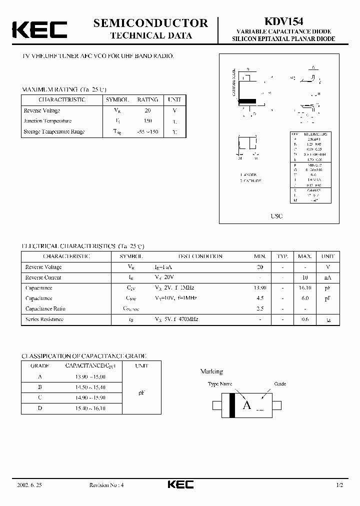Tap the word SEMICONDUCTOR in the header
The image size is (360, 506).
pyautogui.click(x=150, y=22)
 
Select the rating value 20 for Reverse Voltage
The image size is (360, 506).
pyautogui.click(x=147, y=110)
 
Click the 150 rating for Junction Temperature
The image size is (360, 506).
pyautogui.click(x=147, y=121)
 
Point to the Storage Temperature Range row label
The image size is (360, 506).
pyautogui.click(x=54, y=131)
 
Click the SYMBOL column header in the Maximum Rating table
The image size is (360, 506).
pyautogui.click(x=117, y=99)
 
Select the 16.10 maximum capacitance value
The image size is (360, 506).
pyautogui.click(x=305, y=288)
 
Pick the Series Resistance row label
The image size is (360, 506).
pyautogui.click(x=44, y=319)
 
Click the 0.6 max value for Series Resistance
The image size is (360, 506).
pyautogui.click(x=305, y=319)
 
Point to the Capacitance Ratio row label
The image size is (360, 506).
pyautogui.click(x=45, y=308)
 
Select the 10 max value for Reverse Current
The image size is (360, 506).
pyautogui.click(x=305, y=277)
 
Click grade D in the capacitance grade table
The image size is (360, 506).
pyautogui.click(x=39, y=408)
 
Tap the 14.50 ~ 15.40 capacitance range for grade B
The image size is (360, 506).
pyautogui.click(x=92, y=387)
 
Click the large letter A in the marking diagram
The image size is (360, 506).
pyautogui.click(x=246, y=405)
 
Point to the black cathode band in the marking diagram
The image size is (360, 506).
pyautogui.click(x=231, y=404)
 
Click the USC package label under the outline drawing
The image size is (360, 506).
pyautogui.click(x=276, y=216)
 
